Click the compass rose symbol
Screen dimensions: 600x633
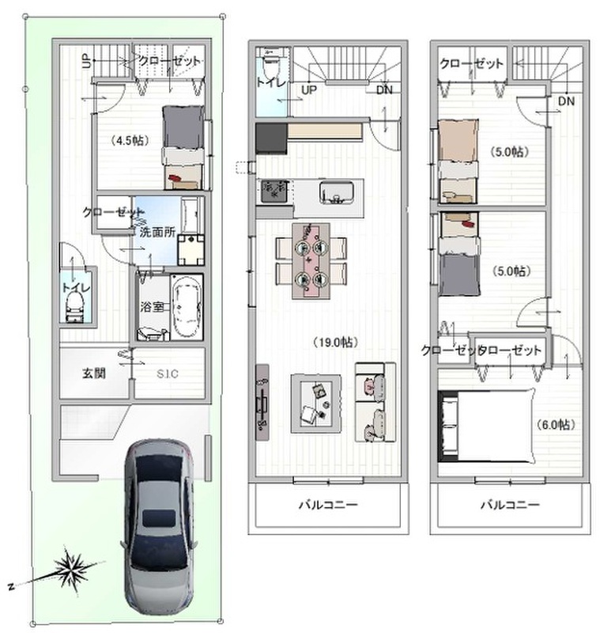(x=72, y=570)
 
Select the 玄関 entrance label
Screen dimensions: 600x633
(x=94, y=373)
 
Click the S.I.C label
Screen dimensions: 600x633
(x=168, y=373)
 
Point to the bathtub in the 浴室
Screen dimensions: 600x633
(x=187, y=306)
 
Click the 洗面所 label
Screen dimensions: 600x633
(x=157, y=232)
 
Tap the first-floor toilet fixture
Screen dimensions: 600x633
(x=74, y=306)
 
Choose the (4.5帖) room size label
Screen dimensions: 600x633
(x=130, y=141)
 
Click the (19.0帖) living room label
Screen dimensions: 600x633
(x=334, y=343)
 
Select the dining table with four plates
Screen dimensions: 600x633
(x=311, y=261)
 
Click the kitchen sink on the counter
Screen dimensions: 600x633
(x=337, y=192)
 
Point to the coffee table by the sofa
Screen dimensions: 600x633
(x=316, y=404)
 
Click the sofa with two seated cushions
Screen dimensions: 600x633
(x=375, y=402)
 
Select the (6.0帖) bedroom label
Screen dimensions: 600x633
(x=556, y=424)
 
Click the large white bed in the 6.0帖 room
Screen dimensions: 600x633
(x=488, y=425)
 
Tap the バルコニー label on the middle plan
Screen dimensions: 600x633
(x=328, y=505)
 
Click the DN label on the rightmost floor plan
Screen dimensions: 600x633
(x=566, y=101)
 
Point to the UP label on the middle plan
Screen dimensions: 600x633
(x=309, y=90)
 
